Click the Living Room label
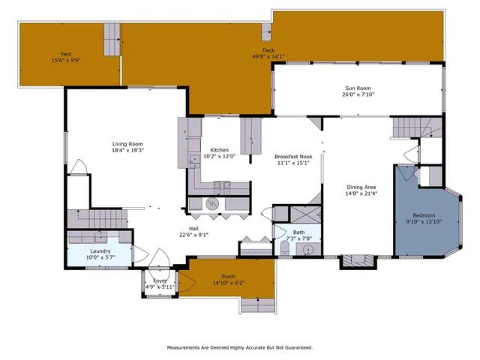[x=127, y=144]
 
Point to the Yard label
[x=66, y=54]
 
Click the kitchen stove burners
[x=221, y=184]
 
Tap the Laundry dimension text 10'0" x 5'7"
[x=100, y=257]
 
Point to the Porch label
[x=223, y=277]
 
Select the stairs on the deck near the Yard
[x=112, y=37]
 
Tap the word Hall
[x=193, y=229]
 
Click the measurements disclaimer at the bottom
[x=239, y=347]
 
